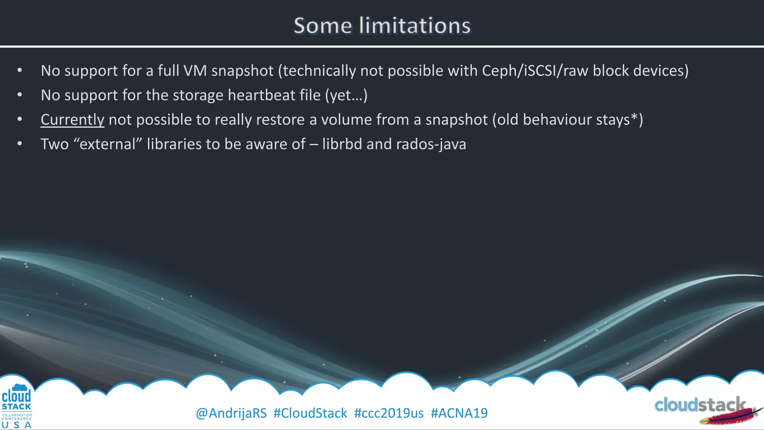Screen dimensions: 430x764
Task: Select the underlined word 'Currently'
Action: [x=72, y=120]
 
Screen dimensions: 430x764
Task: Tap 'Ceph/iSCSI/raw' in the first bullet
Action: [x=535, y=71]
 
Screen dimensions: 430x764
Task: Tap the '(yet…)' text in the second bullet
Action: [x=346, y=96]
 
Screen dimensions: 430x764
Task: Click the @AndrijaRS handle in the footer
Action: [x=231, y=413]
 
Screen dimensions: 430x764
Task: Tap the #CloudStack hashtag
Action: [x=310, y=413]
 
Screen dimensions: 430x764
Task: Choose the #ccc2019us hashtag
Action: [x=389, y=413]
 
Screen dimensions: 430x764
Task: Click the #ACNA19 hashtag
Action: [x=459, y=413]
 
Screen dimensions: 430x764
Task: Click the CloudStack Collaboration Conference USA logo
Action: [x=16, y=406]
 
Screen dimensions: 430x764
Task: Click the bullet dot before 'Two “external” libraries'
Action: [x=20, y=144]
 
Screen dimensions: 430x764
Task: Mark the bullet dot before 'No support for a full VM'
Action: [x=20, y=71]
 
